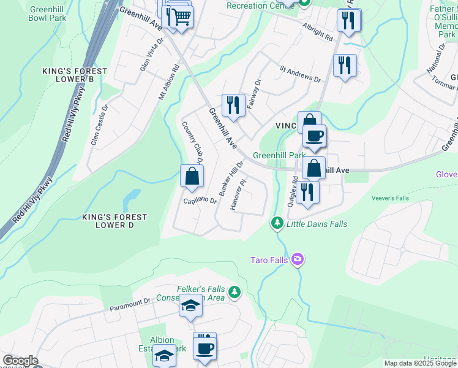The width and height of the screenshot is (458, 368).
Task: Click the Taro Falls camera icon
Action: [x=298, y=259]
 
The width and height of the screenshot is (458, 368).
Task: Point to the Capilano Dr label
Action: [x=200, y=201]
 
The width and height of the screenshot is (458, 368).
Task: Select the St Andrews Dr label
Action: [x=300, y=75]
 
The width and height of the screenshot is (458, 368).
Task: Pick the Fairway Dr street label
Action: [x=253, y=94]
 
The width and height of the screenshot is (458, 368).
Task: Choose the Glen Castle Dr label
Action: [x=99, y=125]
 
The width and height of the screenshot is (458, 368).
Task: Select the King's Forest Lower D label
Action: [x=114, y=221]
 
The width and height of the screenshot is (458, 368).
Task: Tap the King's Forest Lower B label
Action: [x=75, y=75]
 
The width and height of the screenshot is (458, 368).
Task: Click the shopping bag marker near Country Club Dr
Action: [x=192, y=176]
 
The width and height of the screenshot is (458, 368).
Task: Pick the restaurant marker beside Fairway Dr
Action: [x=233, y=105]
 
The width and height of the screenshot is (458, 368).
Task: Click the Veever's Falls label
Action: [x=389, y=198]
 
